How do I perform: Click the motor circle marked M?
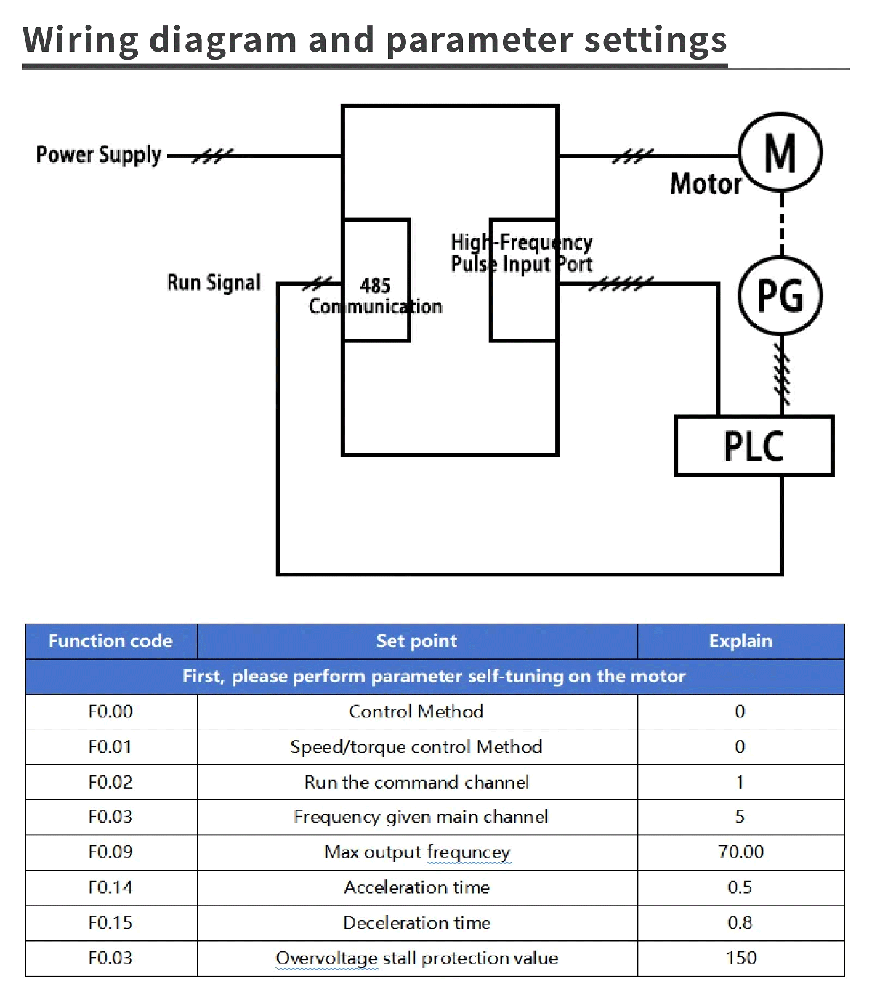[780, 153]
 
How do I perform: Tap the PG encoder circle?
[780, 296]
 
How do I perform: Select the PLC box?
[754, 446]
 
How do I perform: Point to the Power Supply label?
[99, 155]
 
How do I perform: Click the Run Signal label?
[214, 283]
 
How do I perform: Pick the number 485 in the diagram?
[376, 286]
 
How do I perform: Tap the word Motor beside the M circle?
[705, 184]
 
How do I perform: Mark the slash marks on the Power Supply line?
[212, 156]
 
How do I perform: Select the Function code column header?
[110, 641]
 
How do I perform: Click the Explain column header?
[740, 641]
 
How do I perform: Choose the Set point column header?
[416, 641]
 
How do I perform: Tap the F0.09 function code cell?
[110, 852]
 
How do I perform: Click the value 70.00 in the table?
[740, 852]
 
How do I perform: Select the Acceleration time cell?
[416, 887]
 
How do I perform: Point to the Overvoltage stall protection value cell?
[416, 959]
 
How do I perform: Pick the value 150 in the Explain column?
[740, 959]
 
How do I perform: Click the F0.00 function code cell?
[110, 711]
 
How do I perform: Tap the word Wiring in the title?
[80, 40]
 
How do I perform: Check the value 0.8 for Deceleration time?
[740, 923]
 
